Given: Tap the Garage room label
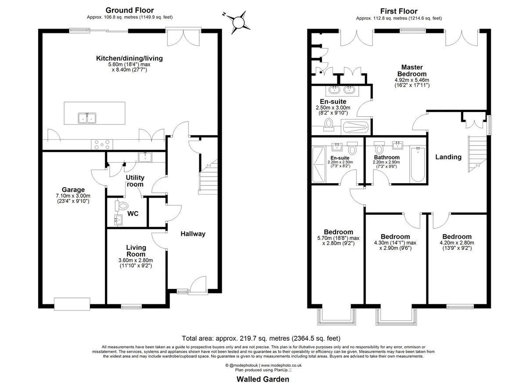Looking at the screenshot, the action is click(73, 190).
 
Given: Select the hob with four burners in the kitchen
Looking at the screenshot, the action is click(102, 145).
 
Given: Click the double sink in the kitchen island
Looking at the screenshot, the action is click(87, 118).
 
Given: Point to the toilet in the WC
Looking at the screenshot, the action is click(121, 206).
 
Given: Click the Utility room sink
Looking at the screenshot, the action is click(145, 157).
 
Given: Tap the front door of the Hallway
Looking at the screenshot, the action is click(198, 285).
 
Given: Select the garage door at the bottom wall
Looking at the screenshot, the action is click(72, 304).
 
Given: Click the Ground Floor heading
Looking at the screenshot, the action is click(130, 10).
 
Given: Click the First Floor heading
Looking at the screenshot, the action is click(399, 11).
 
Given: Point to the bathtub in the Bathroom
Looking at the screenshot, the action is click(418, 164).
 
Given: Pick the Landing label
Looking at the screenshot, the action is click(448, 157).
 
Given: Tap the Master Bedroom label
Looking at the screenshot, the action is click(412, 71).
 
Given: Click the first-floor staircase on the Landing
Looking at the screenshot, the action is click(477, 154).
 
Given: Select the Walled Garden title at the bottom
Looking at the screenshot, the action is click(263, 372).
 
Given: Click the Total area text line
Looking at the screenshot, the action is click(261, 338).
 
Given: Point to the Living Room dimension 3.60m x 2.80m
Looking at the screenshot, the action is click(136, 260).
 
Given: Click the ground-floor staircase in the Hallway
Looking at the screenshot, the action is click(208, 177).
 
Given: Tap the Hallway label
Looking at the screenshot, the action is click(193, 234).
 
